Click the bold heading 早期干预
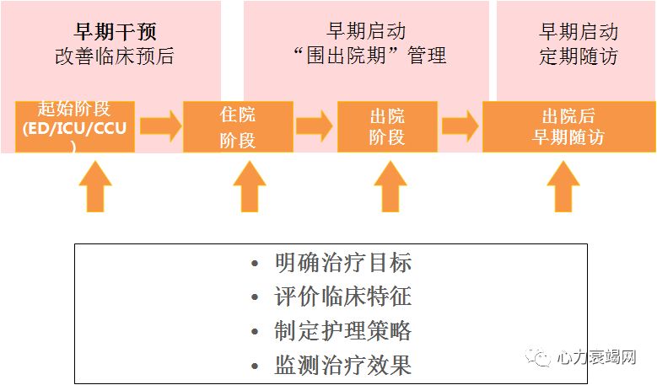(115, 33)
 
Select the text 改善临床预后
(115, 57)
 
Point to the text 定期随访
(578, 57)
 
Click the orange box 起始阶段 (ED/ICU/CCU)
(75, 127)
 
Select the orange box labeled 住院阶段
(238, 127)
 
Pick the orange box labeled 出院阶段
(387, 127)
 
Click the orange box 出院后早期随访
(568, 127)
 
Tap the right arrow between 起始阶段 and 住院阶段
(160, 127)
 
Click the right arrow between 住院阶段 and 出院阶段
(314, 127)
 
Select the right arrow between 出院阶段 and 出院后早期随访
(460, 127)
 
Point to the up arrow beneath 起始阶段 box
(94, 186)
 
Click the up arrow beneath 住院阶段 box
(249, 186)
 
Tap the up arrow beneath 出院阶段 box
(390, 186)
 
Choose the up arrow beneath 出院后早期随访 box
(563, 186)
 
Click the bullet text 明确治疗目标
(342, 263)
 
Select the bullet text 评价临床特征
(342, 297)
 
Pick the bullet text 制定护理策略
(342, 330)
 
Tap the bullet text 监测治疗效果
(342, 365)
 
